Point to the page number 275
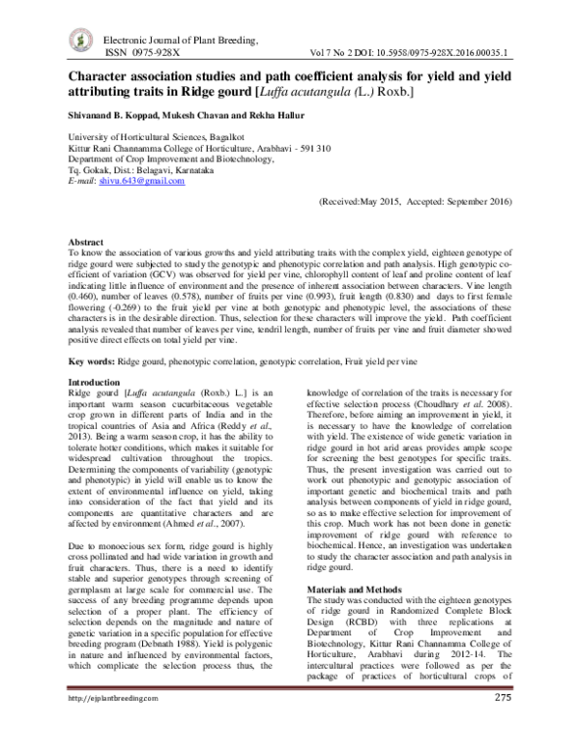(x=502, y=725)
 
